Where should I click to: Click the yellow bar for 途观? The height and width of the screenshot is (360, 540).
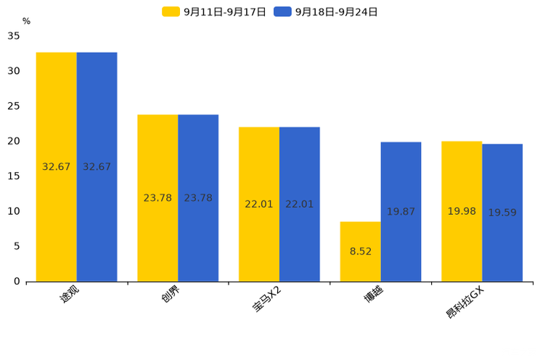[56, 167]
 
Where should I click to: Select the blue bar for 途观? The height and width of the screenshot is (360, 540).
[97, 167]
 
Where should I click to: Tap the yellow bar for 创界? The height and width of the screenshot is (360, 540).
[157, 198]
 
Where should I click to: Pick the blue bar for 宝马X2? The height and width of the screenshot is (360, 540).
[300, 204]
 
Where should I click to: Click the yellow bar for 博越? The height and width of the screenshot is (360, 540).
[361, 252]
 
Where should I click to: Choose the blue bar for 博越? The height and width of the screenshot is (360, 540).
[401, 212]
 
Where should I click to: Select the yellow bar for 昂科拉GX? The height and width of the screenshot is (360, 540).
[462, 211]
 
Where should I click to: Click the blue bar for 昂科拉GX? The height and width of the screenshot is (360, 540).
[502, 213]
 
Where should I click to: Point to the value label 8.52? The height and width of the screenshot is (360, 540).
[361, 251]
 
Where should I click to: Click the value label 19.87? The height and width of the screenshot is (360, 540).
[401, 211]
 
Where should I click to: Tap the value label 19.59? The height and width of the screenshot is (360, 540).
[502, 213]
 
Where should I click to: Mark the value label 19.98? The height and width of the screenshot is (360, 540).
[462, 211]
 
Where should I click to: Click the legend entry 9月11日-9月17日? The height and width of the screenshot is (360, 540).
[214, 12]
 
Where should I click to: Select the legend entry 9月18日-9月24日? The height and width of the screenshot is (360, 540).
[326, 12]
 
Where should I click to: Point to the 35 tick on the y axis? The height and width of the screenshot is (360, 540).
[14, 36]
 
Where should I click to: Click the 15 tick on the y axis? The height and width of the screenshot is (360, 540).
[14, 176]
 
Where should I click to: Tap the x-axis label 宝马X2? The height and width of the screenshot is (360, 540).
[267, 299]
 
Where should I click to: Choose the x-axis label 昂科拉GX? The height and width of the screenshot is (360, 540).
[465, 303]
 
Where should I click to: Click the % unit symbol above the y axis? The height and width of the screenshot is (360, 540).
[27, 21]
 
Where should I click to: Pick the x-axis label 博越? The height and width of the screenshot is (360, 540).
[374, 294]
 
